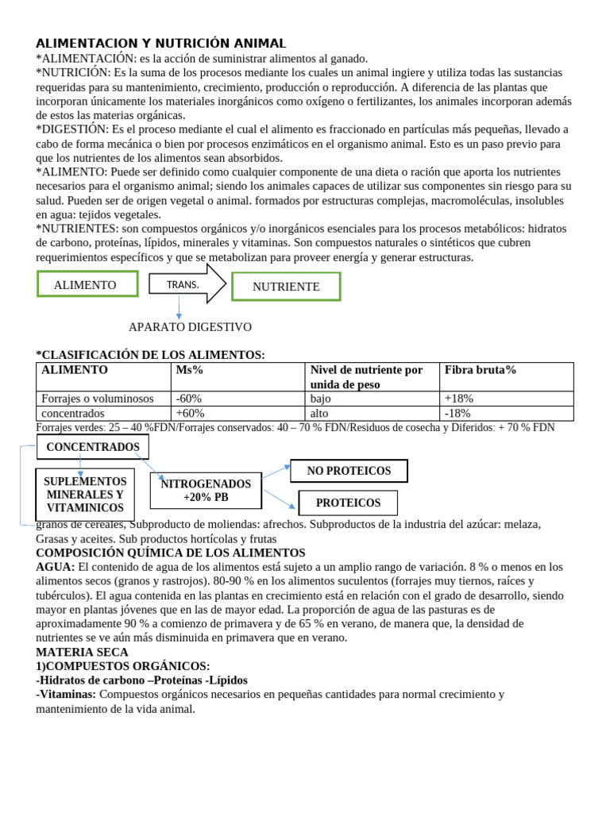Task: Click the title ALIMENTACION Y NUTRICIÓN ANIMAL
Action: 161,43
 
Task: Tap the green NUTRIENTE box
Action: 286,287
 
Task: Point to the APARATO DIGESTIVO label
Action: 190,326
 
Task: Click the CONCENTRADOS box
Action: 92,447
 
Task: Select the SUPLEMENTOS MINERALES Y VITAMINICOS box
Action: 85,495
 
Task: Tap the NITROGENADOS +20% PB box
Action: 206,491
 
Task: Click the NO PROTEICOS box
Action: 349,471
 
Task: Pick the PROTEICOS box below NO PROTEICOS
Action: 348,503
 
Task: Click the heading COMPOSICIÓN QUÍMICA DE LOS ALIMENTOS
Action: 171,552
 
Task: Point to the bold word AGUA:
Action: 56,567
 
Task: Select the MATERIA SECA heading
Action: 82,652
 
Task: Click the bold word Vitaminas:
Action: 67,694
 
